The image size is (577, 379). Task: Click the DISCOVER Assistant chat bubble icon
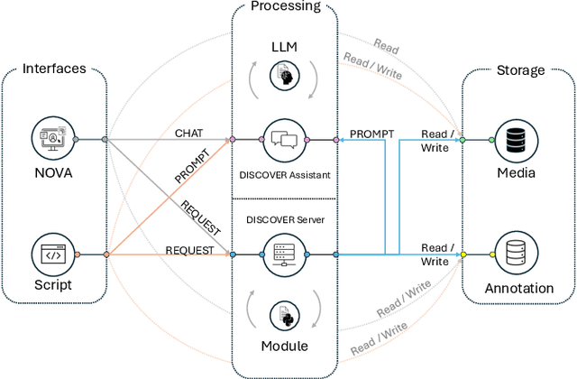(286, 139)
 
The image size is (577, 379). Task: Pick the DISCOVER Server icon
(286, 254)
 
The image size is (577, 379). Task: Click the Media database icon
(517, 139)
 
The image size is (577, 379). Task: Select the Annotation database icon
(517, 254)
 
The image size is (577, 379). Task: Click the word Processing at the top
(286, 7)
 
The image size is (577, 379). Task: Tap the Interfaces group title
(53, 69)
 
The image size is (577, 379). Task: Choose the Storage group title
(520, 69)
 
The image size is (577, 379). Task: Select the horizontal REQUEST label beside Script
(189, 250)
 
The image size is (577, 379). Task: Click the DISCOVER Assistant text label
(286, 174)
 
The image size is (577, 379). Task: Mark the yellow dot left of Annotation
(463, 254)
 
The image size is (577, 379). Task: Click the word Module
(286, 347)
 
